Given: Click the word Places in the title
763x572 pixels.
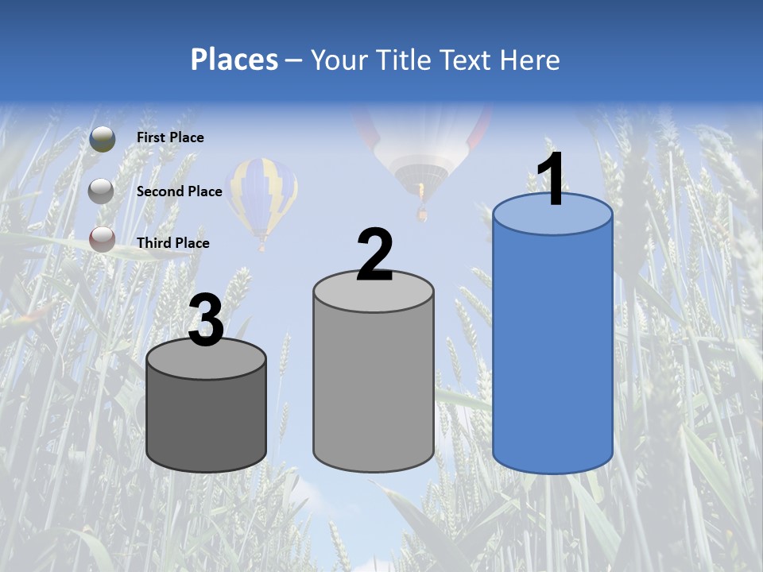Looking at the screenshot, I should [x=234, y=60].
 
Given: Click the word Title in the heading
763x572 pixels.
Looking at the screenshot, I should [x=402, y=60].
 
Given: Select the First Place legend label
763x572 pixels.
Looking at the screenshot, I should [x=170, y=137].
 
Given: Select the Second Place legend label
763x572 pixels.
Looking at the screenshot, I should [x=179, y=191].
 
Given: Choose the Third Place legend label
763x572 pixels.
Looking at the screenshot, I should [x=172, y=243].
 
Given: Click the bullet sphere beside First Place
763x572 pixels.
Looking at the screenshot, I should [x=103, y=139].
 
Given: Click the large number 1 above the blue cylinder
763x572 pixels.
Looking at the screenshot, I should [x=552, y=180].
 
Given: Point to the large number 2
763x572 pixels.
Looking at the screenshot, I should [x=374, y=255].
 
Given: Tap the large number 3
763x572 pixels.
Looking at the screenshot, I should [x=206, y=321].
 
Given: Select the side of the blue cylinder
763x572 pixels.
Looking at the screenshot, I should [x=552, y=350].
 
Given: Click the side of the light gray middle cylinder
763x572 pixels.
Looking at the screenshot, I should [x=373, y=381].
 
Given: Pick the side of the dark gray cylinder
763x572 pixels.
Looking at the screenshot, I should [x=206, y=421].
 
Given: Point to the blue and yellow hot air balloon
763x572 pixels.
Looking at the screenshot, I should [x=261, y=197].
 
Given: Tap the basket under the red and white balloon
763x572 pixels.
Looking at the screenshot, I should [x=422, y=214].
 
